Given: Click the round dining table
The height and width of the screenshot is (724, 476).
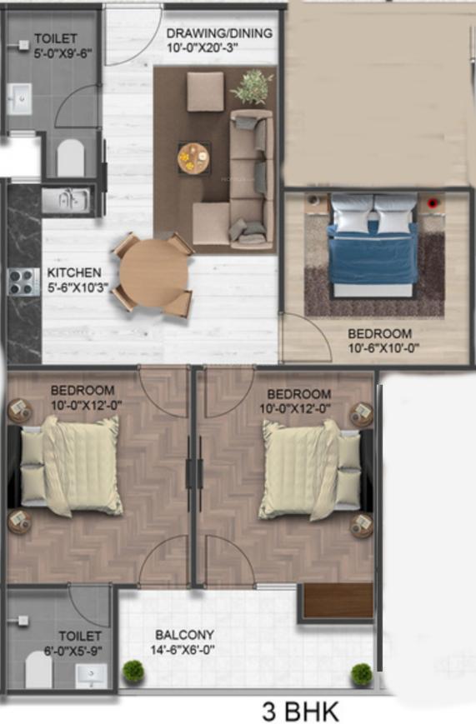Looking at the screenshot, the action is [x=154, y=273].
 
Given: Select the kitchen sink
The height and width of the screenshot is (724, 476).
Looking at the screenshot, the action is [x=66, y=201].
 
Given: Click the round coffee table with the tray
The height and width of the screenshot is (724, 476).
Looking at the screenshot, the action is [x=193, y=158].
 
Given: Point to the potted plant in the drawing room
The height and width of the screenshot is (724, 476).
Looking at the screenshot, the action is [x=253, y=87].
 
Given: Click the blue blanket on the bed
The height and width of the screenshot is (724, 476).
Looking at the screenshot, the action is [x=373, y=253].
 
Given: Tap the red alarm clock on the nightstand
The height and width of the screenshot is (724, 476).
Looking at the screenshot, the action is [x=433, y=203].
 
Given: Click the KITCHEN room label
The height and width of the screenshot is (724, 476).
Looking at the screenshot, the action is [x=74, y=273].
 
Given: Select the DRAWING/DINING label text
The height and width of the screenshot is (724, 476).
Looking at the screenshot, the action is [x=219, y=33].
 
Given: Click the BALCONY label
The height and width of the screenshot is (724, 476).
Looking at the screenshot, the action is [x=184, y=635].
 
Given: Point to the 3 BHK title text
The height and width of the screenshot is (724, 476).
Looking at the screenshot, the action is [x=300, y=712].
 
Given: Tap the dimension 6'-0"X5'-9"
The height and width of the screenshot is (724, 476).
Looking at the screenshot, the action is [x=73, y=651].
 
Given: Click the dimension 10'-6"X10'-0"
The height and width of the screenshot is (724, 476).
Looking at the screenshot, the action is [x=383, y=348].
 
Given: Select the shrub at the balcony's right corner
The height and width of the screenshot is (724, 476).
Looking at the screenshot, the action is [x=362, y=675].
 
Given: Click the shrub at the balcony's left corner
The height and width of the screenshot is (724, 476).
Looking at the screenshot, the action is [x=133, y=672].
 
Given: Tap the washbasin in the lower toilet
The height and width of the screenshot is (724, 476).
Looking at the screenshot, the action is [x=91, y=676].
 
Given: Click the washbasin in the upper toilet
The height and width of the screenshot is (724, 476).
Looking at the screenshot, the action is [x=20, y=99].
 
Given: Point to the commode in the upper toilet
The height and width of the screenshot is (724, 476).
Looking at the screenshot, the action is [x=71, y=157].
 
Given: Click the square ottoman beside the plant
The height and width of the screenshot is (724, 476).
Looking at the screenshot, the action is [x=206, y=92].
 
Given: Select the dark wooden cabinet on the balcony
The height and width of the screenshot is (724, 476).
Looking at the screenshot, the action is [x=338, y=600].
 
